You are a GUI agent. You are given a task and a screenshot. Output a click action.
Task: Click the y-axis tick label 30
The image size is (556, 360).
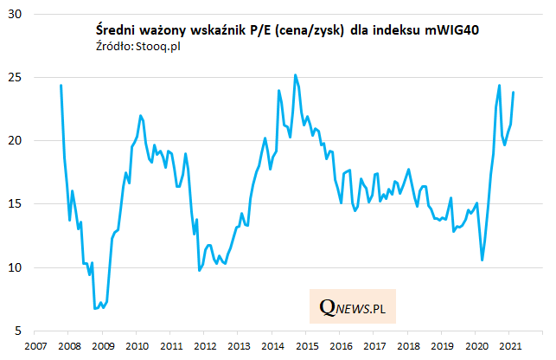coord(16,14)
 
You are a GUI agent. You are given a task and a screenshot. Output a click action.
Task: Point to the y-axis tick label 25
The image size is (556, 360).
coord(16,77)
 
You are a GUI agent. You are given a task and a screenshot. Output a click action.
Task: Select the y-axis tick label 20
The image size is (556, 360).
coord(16,140)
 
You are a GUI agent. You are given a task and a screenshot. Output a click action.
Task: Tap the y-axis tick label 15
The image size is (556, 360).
coord(16,204)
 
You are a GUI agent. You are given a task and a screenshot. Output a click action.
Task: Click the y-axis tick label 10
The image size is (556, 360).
coord(16,267)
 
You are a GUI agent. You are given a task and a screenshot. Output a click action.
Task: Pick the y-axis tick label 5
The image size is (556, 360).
coord(20,331)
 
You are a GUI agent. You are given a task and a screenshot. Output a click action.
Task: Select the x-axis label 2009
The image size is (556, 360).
coord(102,345)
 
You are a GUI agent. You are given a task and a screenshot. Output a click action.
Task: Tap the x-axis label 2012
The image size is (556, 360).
coord(205,345)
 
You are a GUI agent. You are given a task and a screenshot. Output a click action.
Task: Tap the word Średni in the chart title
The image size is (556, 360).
coord(117,29)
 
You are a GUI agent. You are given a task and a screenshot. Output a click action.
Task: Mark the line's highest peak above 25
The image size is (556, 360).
coord(296,75)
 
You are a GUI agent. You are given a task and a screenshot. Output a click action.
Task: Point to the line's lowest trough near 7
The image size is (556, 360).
coord(95,308)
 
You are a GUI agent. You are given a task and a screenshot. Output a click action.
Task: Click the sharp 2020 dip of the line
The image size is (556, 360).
coord(482,260)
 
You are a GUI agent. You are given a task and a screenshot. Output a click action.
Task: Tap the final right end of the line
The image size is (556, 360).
coord(514,93)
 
